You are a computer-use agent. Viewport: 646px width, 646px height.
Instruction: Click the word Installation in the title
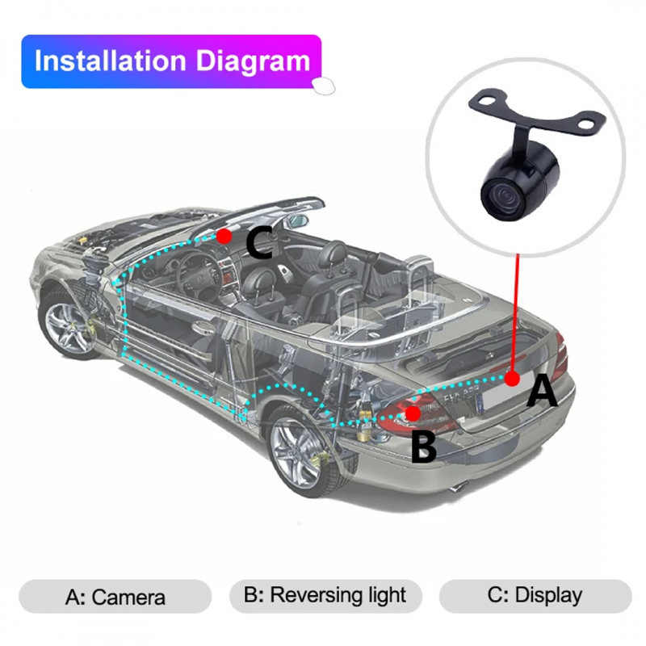[x=111, y=61]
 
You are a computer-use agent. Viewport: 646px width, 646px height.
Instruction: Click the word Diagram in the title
[x=253, y=62]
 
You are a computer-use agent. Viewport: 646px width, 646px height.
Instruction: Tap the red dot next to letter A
[x=512, y=378]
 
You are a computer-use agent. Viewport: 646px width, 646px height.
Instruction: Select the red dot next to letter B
[x=413, y=413]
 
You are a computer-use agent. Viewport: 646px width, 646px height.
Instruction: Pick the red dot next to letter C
[x=224, y=236]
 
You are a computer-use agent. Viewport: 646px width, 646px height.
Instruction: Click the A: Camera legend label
[x=115, y=597]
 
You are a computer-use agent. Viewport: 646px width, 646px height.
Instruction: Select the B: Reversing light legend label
[x=325, y=596]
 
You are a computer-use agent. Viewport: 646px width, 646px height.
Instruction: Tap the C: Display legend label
[x=535, y=595]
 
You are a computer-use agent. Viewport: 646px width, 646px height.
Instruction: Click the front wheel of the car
[x=68, y=321]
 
